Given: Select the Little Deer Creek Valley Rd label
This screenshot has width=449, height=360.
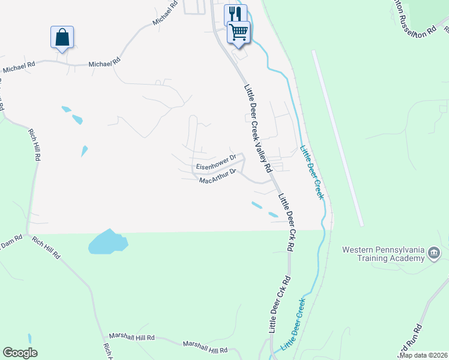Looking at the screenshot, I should point(259,127).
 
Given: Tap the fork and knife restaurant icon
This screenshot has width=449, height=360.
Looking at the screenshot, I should point(235,14).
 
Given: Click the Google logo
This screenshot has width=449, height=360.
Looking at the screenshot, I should point(20,353).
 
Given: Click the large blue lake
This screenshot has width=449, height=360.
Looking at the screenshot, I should point(107,242).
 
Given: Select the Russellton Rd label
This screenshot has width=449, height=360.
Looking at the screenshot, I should point(414,20).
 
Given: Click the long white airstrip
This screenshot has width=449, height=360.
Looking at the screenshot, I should point(338,138).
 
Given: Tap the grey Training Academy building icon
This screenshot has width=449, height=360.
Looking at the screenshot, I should point(434,254).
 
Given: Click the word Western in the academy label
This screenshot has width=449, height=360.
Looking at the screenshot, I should point(360,250).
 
